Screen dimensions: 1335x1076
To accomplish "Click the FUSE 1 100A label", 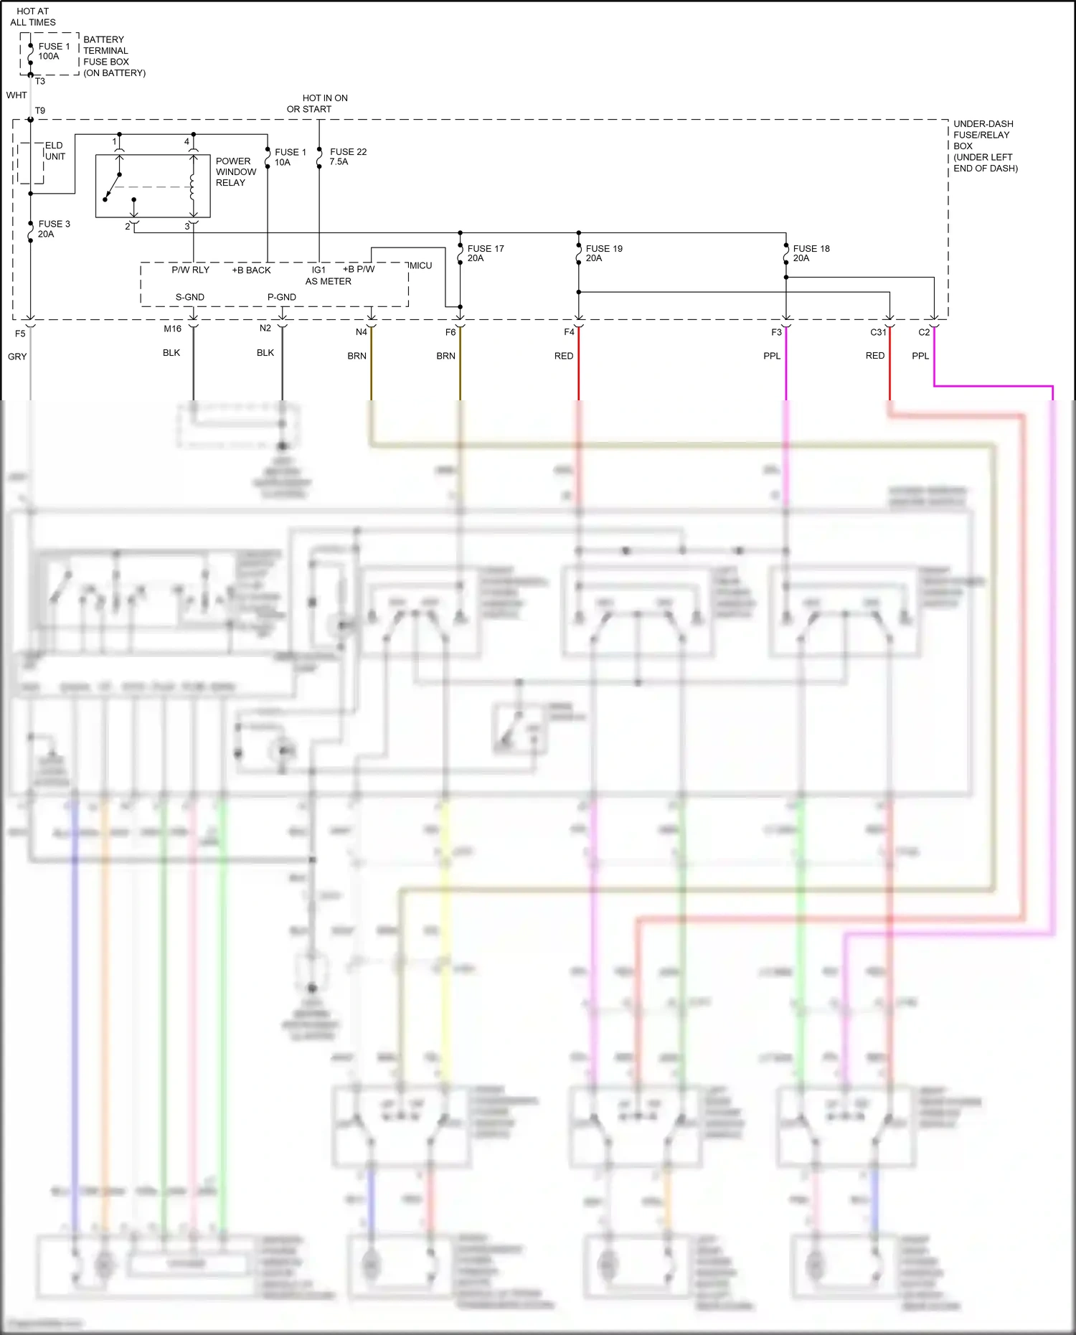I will (x=54, y=51).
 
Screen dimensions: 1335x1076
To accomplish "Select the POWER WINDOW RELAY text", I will (x=235, y=172).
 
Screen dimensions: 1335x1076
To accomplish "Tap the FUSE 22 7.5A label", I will (x=348, y=156).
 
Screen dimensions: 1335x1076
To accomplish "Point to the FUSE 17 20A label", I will (x=485, y=253).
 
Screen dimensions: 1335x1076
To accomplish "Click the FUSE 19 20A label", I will (x=603, y=253).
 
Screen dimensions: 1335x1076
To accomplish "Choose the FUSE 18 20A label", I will (x=811, y=253).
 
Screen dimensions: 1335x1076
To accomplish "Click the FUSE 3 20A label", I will (x=54, y=229).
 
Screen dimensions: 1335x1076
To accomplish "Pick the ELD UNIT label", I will (x=55, y=151).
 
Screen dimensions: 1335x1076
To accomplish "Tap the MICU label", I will (x=421, y=265).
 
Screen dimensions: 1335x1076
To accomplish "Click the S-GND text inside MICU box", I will (x=190, y=297).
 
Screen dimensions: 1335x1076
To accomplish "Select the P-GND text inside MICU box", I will (x=282, y=297).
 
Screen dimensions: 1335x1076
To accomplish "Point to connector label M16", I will (x=172, y=329).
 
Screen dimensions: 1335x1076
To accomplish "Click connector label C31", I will (x=878, y=332).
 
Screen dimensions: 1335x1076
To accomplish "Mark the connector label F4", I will (x=569, y=332).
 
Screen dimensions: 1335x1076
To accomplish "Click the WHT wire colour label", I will (x=16, y=95).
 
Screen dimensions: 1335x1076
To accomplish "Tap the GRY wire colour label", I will (x=17, y=357).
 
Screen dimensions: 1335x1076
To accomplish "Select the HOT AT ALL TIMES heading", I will (x=33, y=16).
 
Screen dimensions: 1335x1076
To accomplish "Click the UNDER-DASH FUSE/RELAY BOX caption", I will (x=985, y=146).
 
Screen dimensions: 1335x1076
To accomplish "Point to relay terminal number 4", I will (x=187, y=142).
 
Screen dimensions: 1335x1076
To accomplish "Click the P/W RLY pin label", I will (x=190, y=270).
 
